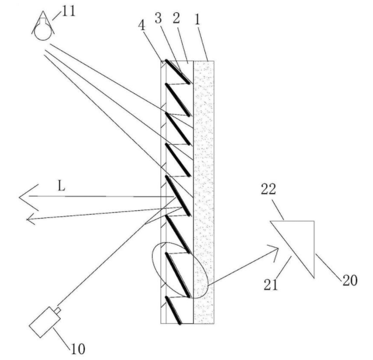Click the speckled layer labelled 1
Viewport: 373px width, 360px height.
(x=203, y=194)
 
